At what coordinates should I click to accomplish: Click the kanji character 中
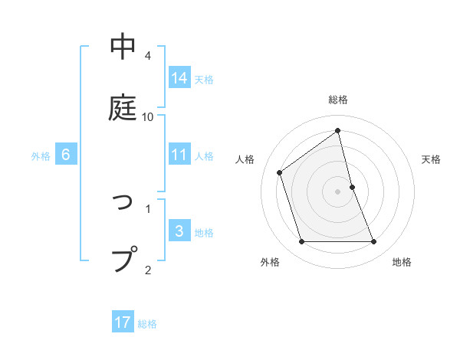[x=123, y=47]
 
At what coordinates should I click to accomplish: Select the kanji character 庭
[x=123, y=107]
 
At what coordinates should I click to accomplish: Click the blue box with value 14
[x=179, y=77]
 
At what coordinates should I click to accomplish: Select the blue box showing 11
[x=179, y=155]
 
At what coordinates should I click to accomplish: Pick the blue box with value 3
[x=179, y=231]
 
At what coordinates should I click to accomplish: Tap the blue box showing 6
[x=66, y=155]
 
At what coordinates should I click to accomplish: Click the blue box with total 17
[x=123, y=322]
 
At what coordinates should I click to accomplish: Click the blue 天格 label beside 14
[x=204, y=79]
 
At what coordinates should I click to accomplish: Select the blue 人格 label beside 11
[x=204, y=156]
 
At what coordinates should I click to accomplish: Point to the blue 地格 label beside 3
[x=204, y=233]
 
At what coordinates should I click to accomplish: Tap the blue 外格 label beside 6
[x=41, y=156]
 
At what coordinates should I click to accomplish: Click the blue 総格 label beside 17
[x=147, y=324]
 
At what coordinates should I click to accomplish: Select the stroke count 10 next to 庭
[x=148, y=116]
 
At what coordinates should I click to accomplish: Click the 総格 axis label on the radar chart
[x=338, y=100]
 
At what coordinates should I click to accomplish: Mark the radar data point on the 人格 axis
[x=280, y=172]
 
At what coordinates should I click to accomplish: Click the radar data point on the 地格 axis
[x=374, y=242]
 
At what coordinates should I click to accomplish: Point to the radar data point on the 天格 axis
[x=352, y=187]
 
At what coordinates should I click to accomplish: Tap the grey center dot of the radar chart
[x=338, y=191]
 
